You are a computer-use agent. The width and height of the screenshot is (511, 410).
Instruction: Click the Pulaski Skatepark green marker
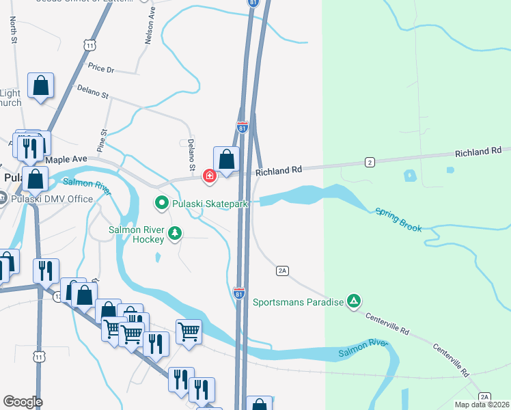tap(162, 203)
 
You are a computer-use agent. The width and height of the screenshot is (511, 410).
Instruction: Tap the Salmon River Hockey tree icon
tap(176, 234)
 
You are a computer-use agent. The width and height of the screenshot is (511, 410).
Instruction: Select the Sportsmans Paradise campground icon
tap(353, 301)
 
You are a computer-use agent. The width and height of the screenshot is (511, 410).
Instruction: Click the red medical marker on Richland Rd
tap(209, 176)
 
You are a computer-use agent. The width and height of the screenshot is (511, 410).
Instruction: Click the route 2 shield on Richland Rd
tap(370, 162)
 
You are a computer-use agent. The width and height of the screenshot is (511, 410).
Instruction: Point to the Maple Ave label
tap(66, 159)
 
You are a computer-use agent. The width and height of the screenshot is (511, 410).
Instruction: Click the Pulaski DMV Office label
tap(52, 199)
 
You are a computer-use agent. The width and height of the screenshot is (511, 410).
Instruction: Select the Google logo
tap(23, 402)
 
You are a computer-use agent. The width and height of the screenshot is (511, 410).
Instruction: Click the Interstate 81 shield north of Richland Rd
tap(243, 127)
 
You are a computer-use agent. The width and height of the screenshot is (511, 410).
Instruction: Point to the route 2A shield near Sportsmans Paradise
tap(283, 271)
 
